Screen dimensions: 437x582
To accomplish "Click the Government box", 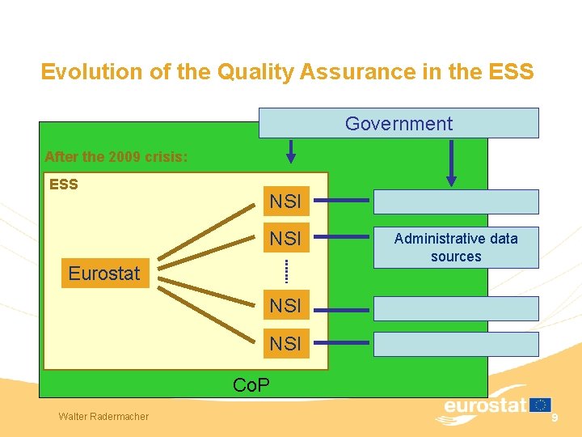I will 399,123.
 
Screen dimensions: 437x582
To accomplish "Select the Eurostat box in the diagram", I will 104,274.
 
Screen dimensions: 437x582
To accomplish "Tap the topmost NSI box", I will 285,201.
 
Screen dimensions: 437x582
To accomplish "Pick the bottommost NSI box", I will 285,344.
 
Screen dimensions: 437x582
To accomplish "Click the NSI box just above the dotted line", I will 285,239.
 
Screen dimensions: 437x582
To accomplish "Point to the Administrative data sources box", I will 456,247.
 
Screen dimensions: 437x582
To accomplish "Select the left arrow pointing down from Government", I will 291,151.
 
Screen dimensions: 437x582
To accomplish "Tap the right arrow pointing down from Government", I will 451,162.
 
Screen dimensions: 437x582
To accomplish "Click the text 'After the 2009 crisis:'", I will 116,157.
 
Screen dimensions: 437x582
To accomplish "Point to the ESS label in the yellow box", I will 64,185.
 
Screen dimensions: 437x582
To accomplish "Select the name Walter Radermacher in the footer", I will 103,416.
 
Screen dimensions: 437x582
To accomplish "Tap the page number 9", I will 555,416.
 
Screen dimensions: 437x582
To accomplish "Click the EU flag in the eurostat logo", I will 541,405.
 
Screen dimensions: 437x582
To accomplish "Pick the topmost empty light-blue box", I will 455,202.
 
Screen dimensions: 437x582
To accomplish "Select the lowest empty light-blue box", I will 455,344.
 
